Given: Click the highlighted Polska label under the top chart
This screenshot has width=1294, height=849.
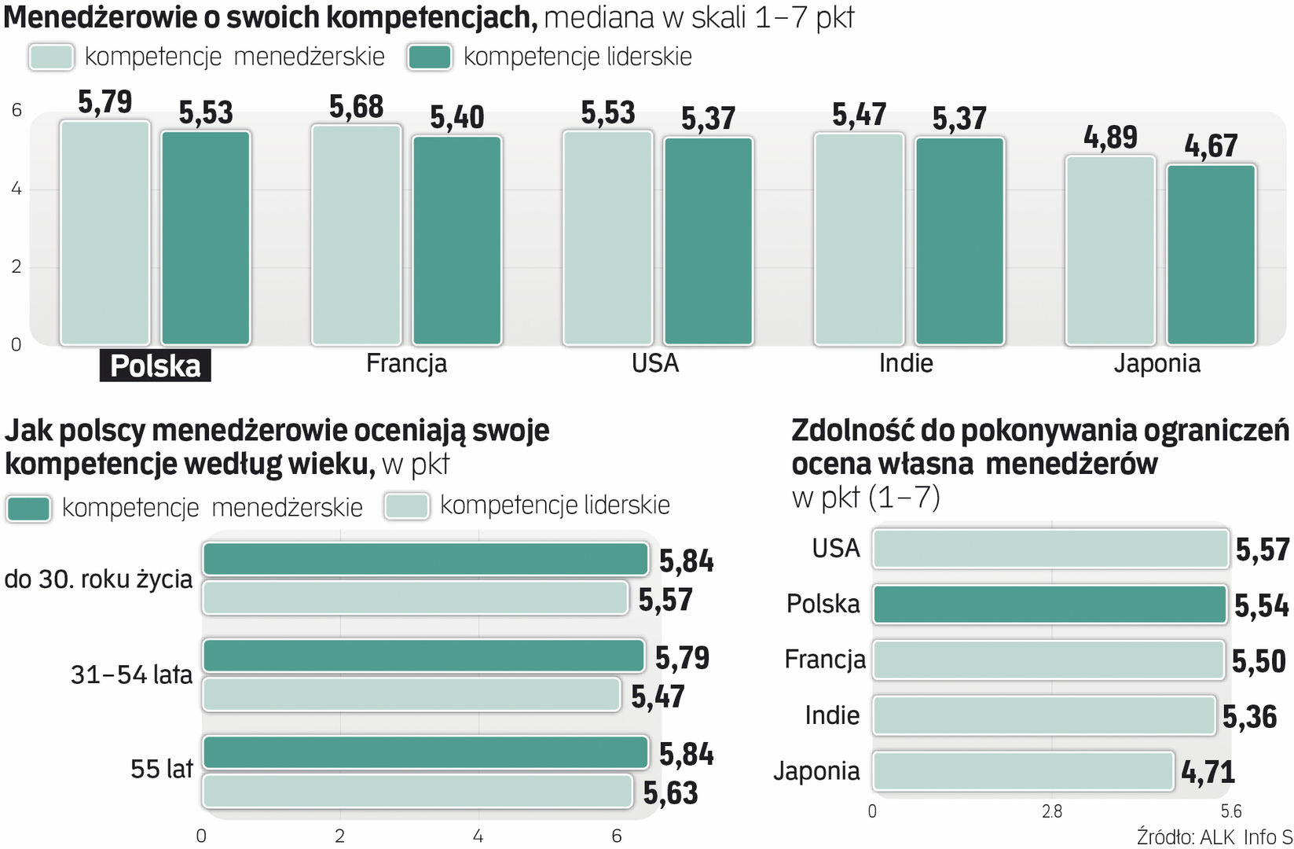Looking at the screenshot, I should [x=155, y=366].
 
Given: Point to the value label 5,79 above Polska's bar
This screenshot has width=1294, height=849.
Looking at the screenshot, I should [x=104, y=102].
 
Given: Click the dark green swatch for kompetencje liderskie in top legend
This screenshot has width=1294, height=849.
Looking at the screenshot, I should [x=429, y=57].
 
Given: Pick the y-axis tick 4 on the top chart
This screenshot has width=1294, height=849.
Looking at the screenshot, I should [x=16, y=189].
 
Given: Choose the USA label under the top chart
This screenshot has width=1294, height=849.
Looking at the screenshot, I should [x=654, y=363].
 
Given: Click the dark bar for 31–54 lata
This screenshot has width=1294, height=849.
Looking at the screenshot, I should [x=423, y=656].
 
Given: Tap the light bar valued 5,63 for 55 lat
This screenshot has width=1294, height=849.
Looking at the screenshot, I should [x=417, y=792].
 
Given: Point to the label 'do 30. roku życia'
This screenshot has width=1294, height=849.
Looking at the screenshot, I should [x=98, y=579].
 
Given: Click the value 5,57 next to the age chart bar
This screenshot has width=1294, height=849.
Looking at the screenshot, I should [x=665, y=601].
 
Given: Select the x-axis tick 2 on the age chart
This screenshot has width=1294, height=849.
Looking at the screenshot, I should [x=339, y=836].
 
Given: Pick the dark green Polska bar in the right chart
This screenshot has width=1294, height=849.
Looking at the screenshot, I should [x=1049, y=605].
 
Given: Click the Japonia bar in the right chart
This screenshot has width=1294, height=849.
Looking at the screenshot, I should [x=1022, y=771].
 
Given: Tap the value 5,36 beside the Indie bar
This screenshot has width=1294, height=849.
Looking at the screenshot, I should [x=1249, y=717].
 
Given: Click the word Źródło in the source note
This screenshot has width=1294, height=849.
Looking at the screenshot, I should [x=1165, y=837].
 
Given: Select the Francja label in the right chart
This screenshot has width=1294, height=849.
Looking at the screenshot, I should [x=824, y=660].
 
